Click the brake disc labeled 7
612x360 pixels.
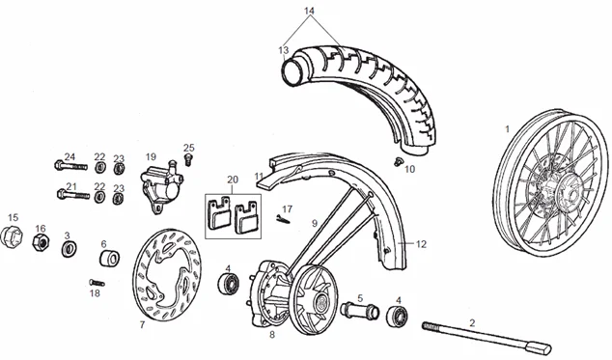pos(137,273)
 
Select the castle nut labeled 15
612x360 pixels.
pos(12,235)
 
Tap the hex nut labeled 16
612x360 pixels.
pos(41,242)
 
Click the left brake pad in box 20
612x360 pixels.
pos(218,214)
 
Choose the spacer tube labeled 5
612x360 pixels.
pos(359,311)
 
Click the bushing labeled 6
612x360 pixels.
pos(110,259)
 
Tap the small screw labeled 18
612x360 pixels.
pos(97,282)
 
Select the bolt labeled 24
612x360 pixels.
pos(70,166)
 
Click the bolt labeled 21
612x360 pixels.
pos(73,194)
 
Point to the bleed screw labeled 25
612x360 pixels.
pos(189,159)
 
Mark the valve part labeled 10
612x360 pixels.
pos(398,161)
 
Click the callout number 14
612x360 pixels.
pos(309,11)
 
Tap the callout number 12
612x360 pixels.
pos(421,244)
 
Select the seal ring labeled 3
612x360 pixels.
pos(70,248)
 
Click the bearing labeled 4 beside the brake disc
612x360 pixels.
pos(228,283)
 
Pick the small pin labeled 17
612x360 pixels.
pos(283,220)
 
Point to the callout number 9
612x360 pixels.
pos(315,223)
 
